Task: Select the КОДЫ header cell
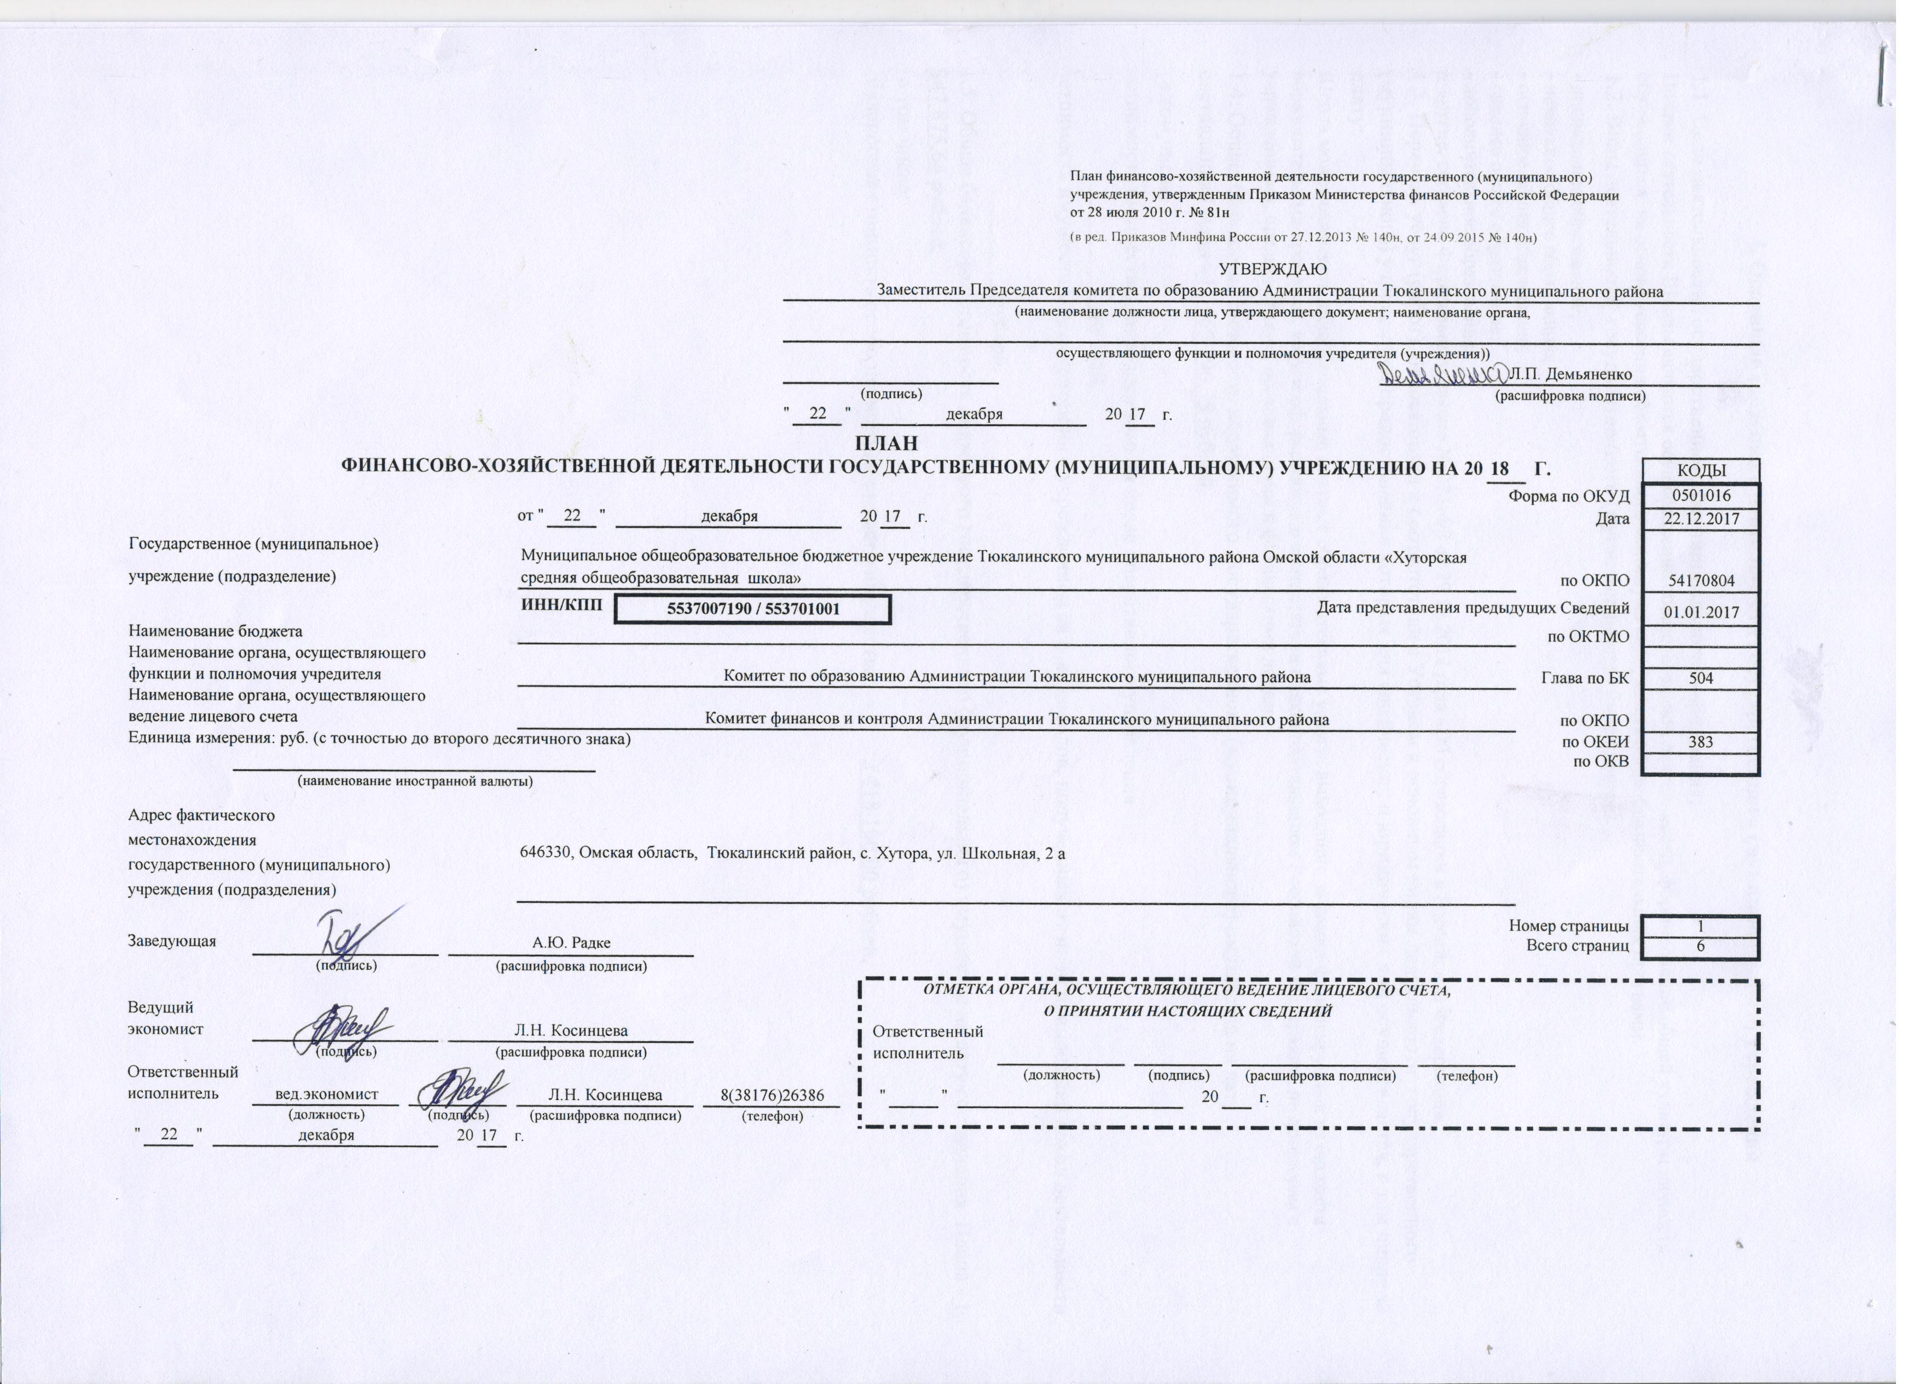(1701, 471)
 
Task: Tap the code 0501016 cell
(1701, 495)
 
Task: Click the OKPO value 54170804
(1701, 581)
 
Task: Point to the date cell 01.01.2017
(1701, 611)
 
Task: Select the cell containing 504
(1701, 677)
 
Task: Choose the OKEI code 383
(1701, 741)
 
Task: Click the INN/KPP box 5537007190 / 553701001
(752, 609)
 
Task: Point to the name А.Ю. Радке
(571, 943)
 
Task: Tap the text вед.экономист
(327, 1095)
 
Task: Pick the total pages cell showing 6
(1701, 947)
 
